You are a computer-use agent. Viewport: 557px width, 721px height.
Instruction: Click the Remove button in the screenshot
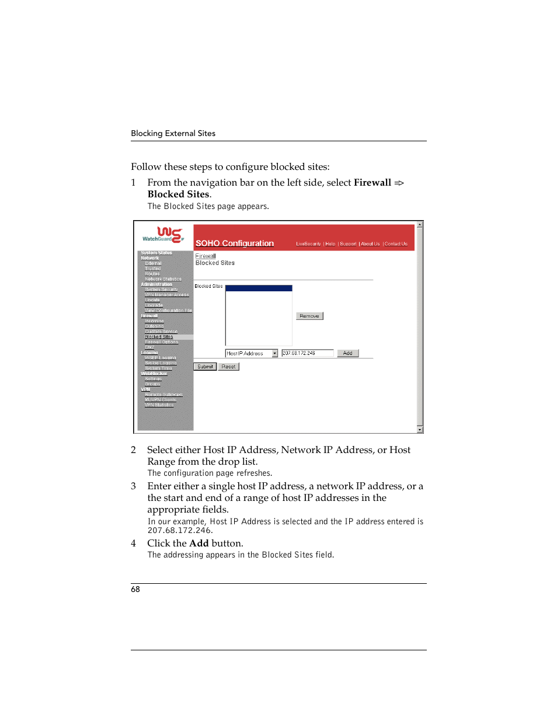[309, 316]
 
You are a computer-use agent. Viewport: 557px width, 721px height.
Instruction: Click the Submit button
[205, 367]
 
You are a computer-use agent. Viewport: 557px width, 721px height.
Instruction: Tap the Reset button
[228, 367]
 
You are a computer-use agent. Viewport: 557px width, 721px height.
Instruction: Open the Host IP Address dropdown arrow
[274, 353]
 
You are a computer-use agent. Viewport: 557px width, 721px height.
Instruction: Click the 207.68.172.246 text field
[307, 353]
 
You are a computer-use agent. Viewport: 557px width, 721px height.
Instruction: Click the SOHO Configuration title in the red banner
[235, 243]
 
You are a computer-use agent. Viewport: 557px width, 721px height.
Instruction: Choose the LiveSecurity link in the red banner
[308, 244]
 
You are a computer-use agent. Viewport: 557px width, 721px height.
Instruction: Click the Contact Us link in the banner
[396, 244]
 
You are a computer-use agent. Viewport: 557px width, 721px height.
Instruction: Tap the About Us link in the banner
[370, 244]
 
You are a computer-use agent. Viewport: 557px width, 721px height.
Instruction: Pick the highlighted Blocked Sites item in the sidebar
[159, 337]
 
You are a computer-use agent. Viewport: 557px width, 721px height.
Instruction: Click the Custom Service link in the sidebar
[161, 332]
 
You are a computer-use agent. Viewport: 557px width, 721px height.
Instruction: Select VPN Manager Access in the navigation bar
[167, 295]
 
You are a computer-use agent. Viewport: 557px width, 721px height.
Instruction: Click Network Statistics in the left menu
[163, 279]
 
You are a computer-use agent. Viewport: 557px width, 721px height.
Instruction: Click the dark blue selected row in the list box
[259, 288]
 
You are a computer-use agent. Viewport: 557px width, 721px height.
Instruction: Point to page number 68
[135, 590]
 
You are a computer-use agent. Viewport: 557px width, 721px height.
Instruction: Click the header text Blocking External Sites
[173, 134]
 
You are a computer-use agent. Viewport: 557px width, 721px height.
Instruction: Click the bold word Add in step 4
[199, 544]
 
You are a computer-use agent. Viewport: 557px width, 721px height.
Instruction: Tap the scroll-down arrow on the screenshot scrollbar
[420, 430]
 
